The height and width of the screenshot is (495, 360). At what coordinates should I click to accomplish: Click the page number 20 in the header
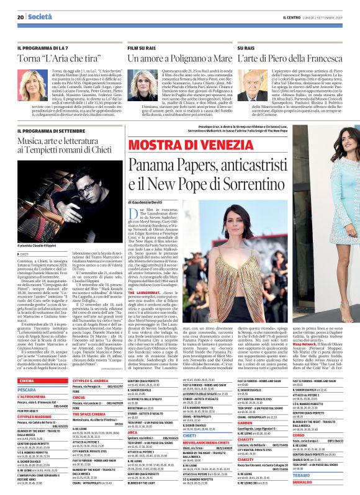(x=20, y=7)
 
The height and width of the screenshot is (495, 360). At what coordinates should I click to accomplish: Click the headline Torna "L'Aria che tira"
(x=59, y=58)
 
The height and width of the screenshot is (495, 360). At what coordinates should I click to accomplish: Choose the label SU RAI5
(x=246, y=47)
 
